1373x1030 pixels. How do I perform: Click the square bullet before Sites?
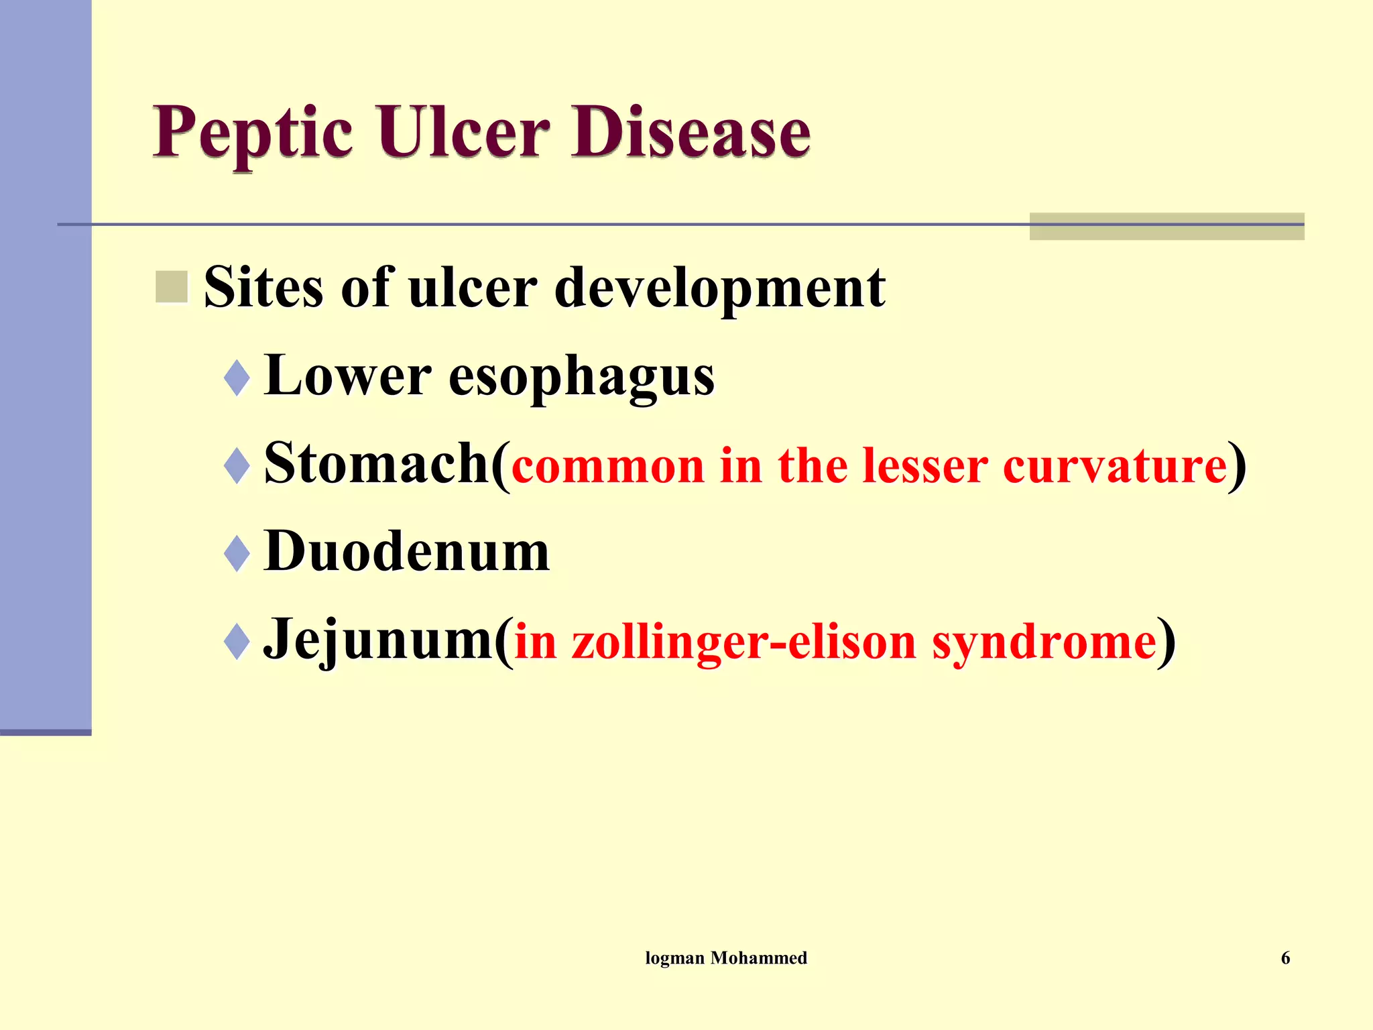pos(172,287)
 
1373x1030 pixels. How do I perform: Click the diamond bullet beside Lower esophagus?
pos(237,378)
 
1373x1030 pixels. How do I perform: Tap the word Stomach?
pos(377,464)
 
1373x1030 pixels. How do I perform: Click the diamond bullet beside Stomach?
pos(237,465)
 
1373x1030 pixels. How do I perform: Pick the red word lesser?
pos(924,467)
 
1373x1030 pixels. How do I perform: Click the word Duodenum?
pos(407,553)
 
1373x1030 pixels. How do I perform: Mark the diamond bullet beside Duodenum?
pos(237,554)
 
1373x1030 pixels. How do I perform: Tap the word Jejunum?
pos(379,641)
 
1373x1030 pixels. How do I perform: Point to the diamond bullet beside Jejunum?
pos(237,642)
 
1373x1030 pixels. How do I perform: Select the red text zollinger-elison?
pos(743,642)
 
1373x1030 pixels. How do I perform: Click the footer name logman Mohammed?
pos(726,958)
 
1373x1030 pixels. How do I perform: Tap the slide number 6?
pos(1285,958)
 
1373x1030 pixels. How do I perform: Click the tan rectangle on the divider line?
pos(1167,227)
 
